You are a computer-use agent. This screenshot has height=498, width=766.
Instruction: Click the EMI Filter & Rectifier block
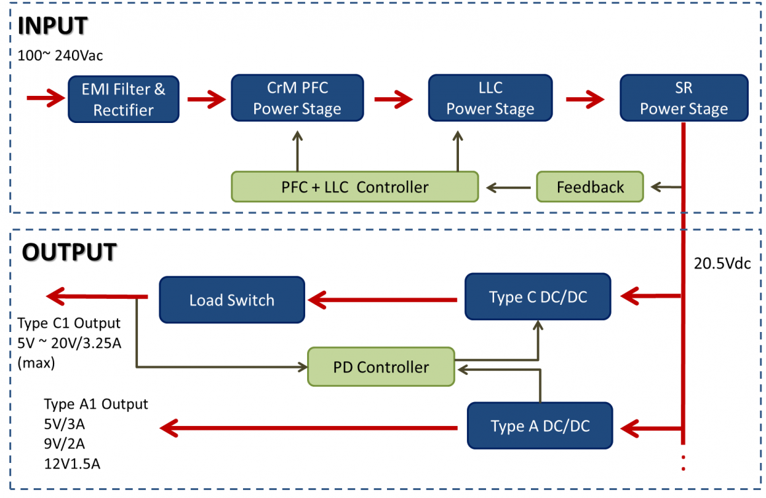click(x=123, y=99)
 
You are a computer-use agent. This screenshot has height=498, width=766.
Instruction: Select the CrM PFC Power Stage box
click(x=297, y=98)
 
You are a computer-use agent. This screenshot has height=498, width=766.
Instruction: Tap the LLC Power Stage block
click(x=490, y=98)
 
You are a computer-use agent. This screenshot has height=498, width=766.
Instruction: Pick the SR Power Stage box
click(x=683, y=98)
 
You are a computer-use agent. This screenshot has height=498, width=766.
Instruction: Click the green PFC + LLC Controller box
click(x=355, y=187)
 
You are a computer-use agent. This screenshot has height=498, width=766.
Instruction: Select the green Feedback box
click(x=590, y=187)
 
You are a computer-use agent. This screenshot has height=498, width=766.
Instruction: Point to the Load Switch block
click(x=232, y=300)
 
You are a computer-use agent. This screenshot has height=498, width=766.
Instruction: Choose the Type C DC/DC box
click(x=538, y=297)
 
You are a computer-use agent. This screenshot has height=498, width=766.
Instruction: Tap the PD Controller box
click(x=381, y=367)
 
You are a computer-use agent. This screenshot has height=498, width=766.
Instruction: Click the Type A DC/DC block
click(x=540, y=426)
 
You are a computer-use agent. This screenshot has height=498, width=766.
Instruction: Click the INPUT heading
click(x=53, y=26)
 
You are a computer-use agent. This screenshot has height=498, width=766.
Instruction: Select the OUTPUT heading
click(x=69, y=252)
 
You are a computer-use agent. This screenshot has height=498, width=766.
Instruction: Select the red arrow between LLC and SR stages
click(x=584, y=99)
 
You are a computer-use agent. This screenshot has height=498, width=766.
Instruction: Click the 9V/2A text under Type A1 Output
click(x=64, y=443)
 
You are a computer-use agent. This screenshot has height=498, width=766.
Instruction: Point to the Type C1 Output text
click(x=69, y=323)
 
